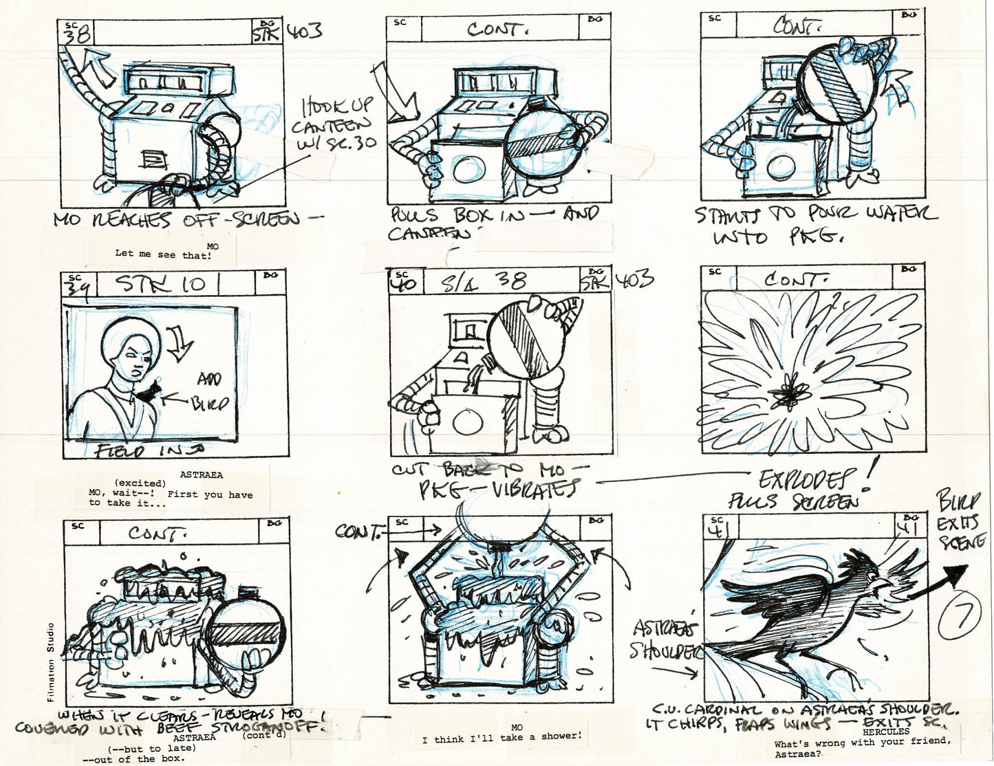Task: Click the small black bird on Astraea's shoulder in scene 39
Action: click(150, 394)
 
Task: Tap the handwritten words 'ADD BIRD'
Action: click(210, 391)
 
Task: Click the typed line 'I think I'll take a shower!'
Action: click(502, 736)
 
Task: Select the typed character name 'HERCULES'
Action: click(885, 732)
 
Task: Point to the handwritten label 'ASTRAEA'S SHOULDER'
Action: click(664, 639)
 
